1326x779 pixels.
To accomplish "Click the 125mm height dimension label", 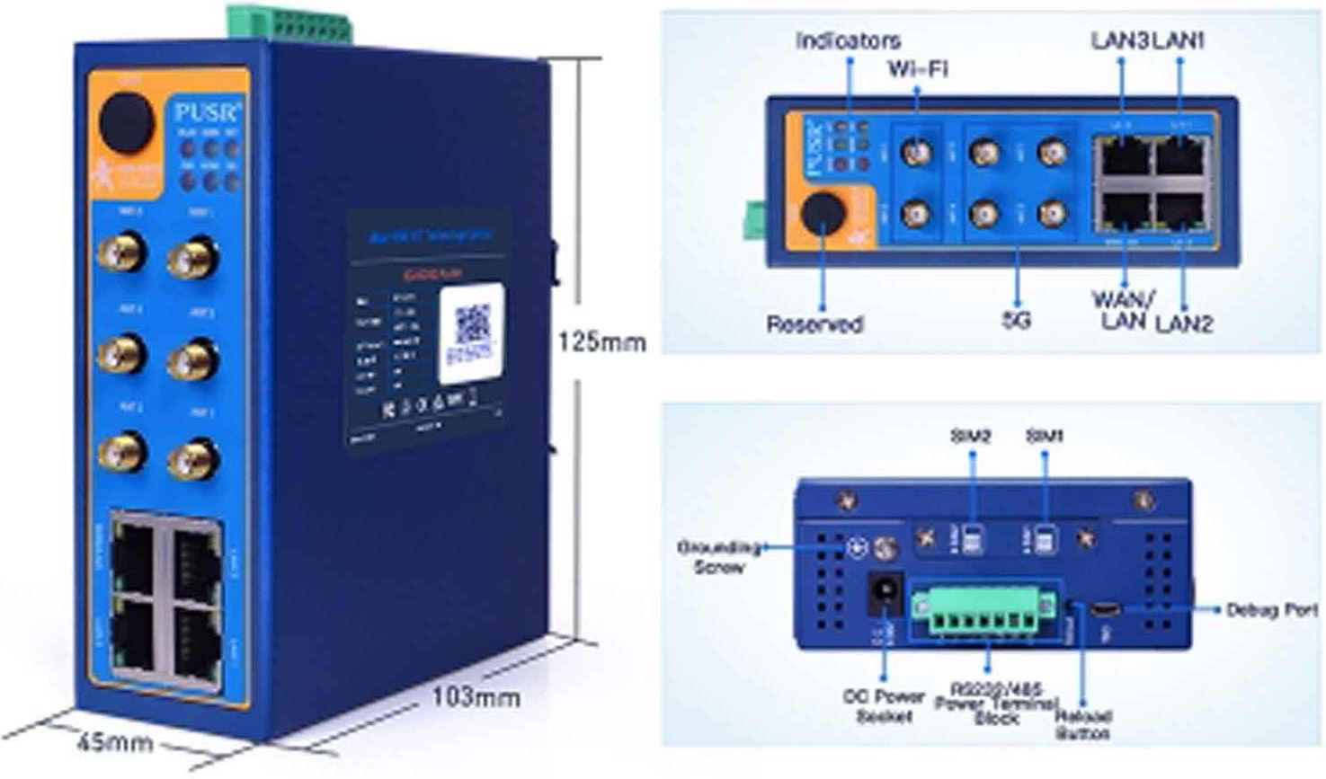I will [x=601, y=342].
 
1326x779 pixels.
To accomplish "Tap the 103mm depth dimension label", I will [x=476, y=696].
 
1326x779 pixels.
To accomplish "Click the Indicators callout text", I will [x=847, y=41].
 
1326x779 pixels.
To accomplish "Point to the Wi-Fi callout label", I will [x=917, y=69].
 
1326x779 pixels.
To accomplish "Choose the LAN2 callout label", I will [x=1184, y=323].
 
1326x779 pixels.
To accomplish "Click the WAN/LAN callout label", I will [x=1123, y=310].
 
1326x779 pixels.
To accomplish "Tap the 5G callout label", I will [x=1017, y=320].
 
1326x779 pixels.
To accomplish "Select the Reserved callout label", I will [x=814, y=323].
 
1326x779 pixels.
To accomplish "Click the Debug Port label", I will [x=1272, y=610].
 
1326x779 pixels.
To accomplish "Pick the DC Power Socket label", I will [x=883, y=706].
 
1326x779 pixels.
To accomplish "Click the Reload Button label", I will [x=1083, y=724].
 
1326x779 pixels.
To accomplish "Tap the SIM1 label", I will [x=1045, y=436].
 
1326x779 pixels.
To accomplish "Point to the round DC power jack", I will [x=883, y=593].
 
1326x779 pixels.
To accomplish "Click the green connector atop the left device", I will [x=289, y=22].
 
